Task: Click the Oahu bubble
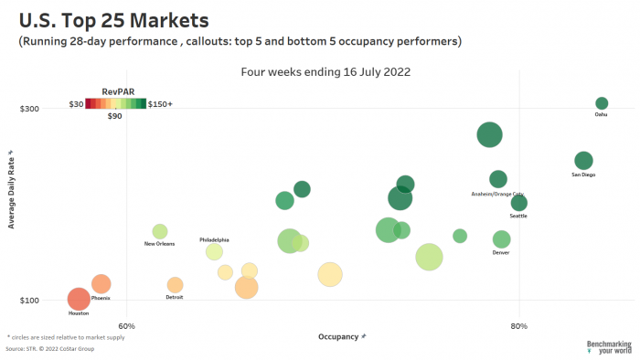point(602,103)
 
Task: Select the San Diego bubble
point(583,161)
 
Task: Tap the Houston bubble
point(79,299)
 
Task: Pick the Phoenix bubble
point(101,284)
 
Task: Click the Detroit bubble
point(175,285)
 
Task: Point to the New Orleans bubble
point(160,231)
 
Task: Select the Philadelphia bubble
point(214,252)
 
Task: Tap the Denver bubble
point(501,239)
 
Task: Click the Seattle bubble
point(518,203)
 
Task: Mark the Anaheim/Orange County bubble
point(497,180)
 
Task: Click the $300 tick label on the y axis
point(29,110)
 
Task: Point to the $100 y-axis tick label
point(29,301)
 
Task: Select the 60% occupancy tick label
point(127,326)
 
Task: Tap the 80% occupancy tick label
point(519,326)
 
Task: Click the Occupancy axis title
point(342,337)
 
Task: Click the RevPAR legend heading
point(115,92)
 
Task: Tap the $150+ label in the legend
point(160,104)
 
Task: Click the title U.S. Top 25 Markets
point(113,19)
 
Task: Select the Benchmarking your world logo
point(609,347)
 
